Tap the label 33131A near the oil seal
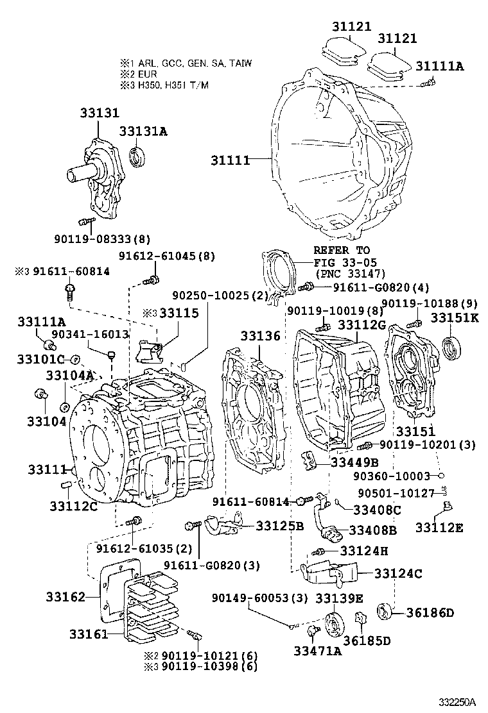tap(143, 131)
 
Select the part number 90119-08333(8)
tap(102, 240)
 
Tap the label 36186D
tap(430, 612)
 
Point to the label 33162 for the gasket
tap(65, 597)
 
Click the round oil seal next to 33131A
tap(138, 156)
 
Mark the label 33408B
tap(373, 530)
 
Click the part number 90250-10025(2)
tap(219, 296)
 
